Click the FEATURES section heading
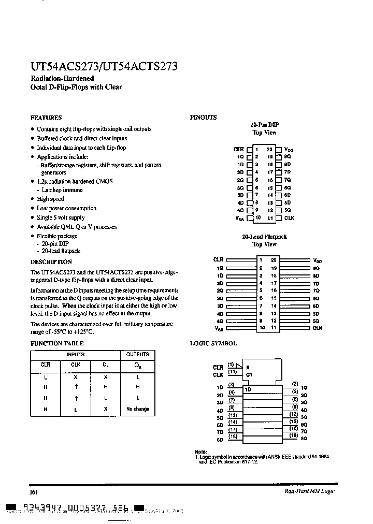46,118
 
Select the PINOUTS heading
204,118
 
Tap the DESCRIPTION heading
51,262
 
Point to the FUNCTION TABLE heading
56,343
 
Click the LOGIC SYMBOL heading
213,343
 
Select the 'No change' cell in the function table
137,409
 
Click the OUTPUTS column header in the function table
137,355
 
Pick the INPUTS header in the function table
76,355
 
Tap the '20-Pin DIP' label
264,125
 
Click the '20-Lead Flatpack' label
264,237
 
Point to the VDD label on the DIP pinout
289,149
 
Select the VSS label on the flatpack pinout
219,328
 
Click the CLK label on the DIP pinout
289,219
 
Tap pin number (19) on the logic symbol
294,436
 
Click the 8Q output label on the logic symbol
304,438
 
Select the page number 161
34,491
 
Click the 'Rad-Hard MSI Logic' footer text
310,491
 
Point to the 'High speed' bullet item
50,199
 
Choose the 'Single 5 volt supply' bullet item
61,217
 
